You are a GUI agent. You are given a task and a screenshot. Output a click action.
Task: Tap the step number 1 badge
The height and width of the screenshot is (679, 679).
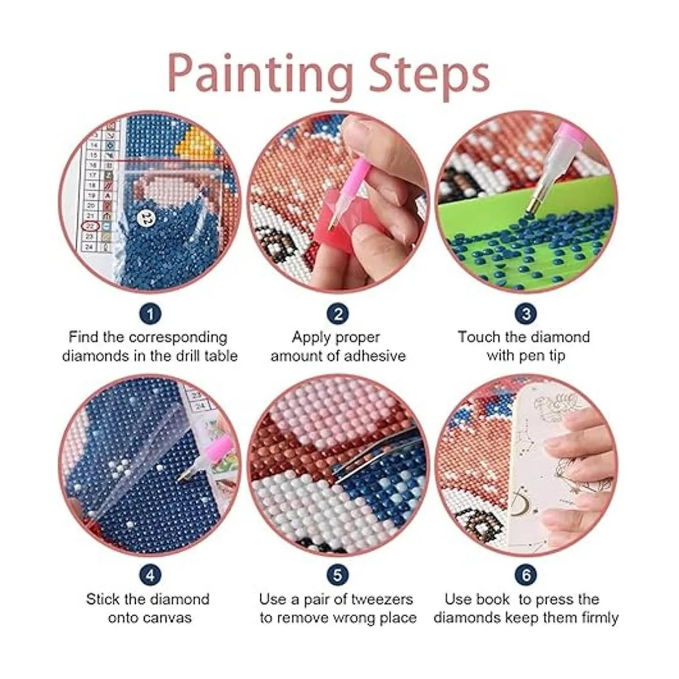tap(150, 313)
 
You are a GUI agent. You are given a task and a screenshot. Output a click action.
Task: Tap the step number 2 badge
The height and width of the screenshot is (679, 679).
tap(338, 313)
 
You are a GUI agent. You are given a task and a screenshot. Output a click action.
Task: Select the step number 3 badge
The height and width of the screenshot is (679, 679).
tap(526, 313)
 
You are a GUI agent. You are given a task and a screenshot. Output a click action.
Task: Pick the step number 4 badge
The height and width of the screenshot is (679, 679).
tap(150, 575)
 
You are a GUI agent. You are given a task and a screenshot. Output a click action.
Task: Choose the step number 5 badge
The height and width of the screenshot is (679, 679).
tap(338, 575)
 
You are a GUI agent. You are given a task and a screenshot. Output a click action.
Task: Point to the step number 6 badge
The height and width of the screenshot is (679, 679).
tap(526, 575)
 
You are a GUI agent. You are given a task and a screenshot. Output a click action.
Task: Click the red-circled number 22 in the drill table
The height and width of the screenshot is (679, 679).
tap(90, 226)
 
